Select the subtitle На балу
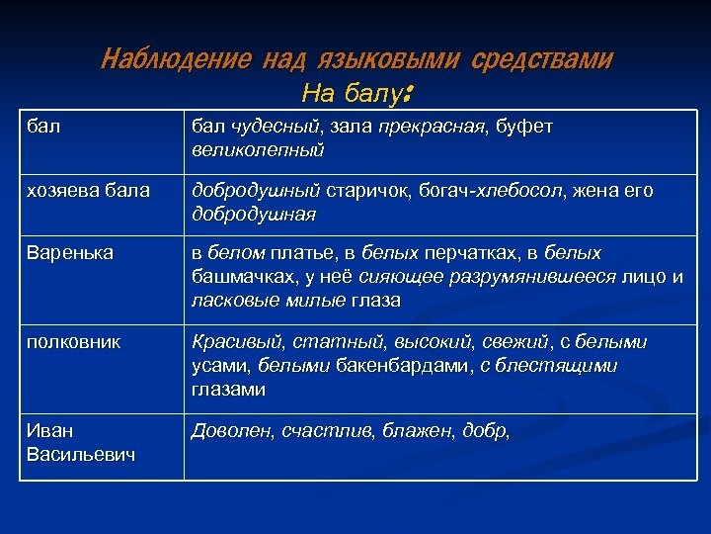point(355,95)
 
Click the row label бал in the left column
point(40,128)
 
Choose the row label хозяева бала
point(87,191)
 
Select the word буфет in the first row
point(522,128)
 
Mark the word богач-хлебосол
point(444,191)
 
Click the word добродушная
point(253,214)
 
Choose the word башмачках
point(238,277)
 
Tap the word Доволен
point(232,430)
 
